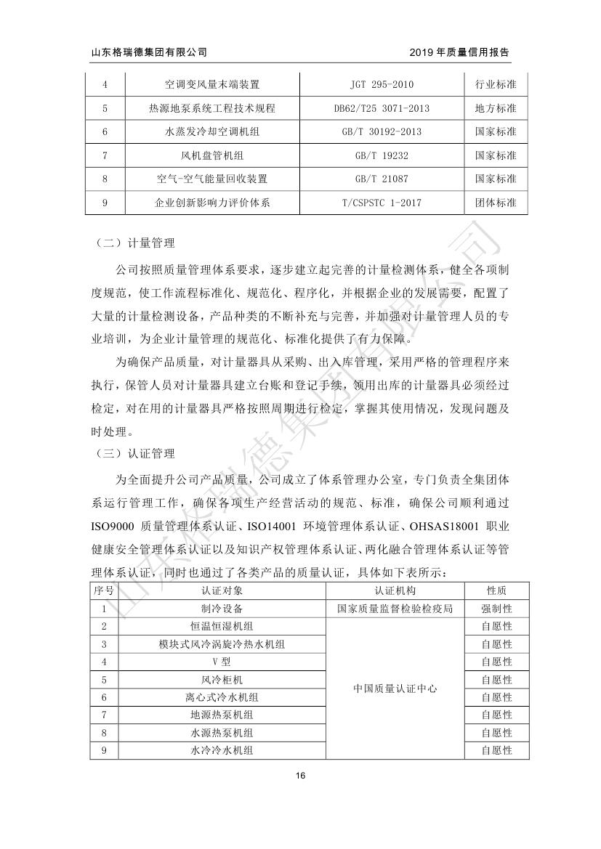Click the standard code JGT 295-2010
[382, 84]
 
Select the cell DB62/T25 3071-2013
[382, 108]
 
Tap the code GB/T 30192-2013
[382, 132]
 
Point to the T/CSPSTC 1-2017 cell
[382, 203]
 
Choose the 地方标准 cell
[496, 108]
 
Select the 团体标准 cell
[496, 203]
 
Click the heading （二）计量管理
[134, 243]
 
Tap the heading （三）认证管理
[134, 454]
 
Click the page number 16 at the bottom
[300, 775]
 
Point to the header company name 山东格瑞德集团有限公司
[148, 52]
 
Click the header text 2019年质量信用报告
[459, 52]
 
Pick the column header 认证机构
[395, 590]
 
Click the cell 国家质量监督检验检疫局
[395, 609]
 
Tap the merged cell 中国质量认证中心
[395, 688]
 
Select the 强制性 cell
[497, 609]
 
